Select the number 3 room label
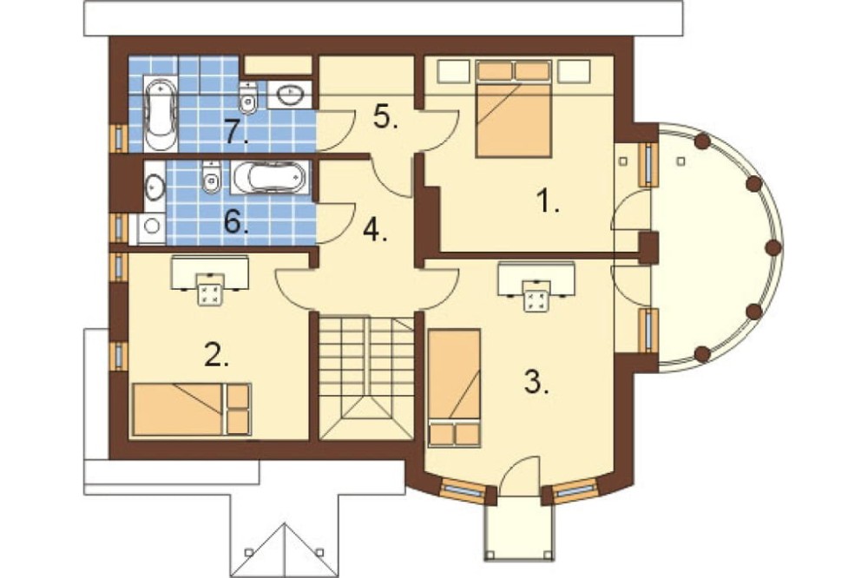(536, 381)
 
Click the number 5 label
(385, 116)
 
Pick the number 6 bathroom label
(235, 222)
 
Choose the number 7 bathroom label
(235, 133)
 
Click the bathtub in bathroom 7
(161, 114)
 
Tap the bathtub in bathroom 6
(268, 177)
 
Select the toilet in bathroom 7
(247, 97)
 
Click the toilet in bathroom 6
(211, 177)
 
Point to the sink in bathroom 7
(290, 95)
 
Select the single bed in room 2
(192, 409)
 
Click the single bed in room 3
(453, 387)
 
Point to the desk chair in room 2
(210, 289)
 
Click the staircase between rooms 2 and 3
(367, 377)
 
